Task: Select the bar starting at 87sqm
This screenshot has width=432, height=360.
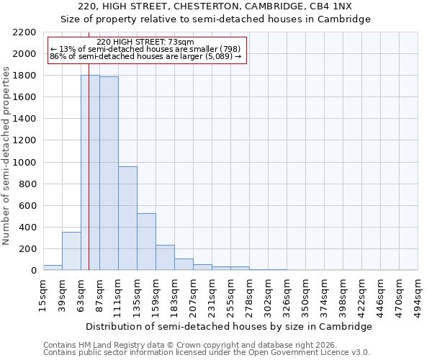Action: coord(109,174)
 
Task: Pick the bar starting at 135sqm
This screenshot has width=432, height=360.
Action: coord(146,242)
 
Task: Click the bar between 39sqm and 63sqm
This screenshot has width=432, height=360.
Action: coord(71,251)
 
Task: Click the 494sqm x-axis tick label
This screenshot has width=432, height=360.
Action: coord(418,294)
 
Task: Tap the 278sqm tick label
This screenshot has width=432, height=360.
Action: coord(249,294)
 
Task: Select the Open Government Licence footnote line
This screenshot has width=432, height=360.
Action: coord(207,352)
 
